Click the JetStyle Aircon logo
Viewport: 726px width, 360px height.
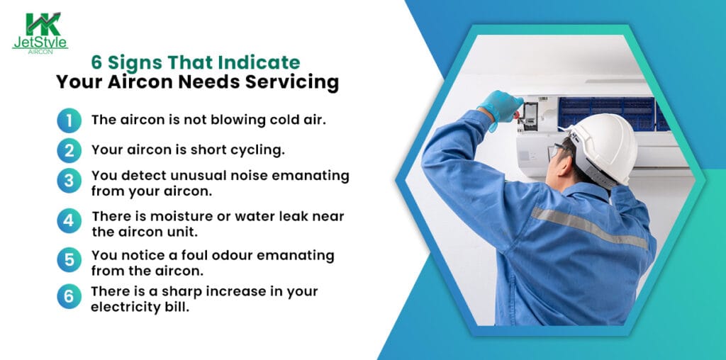pyautogui.click(x=41, y=32)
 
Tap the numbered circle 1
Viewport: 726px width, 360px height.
pyautogui.click(x=69, y=120)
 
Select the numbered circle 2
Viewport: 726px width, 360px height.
pyautogui.click(x=69, y=150)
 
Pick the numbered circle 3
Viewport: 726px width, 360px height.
pyautogui.click(x=69, y=181)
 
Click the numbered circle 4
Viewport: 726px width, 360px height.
pyautogui.click(x=69, y=220)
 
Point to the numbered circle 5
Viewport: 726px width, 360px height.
pyautogui.click(x=69, y=260)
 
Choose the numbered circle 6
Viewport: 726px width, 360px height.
pyautogui.click(x=69, y=296)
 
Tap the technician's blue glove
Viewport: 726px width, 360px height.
pyautogui.click(x=501, y=106)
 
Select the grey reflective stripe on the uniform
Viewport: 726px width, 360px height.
pyautogui.click(x=588, y=227)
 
